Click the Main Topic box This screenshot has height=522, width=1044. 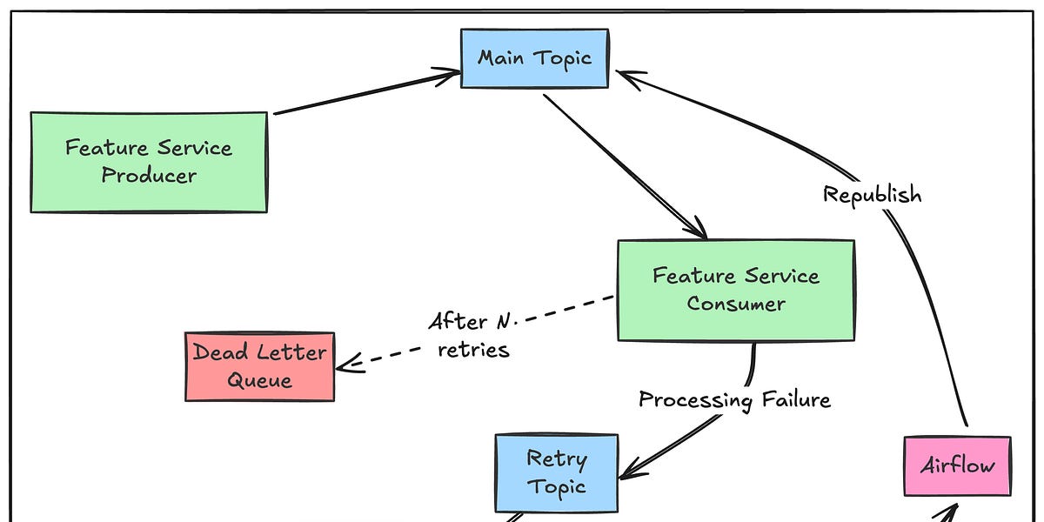pyautogui.click(x=534, y=58)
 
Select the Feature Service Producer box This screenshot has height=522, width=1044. pyautogui.click(x=149, y=162)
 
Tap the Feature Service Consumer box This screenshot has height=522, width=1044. pyautogui.click(x=735, y=290)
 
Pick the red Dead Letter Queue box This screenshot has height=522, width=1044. pyautogui.click(x=259, y=366)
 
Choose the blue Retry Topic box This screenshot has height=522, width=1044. pyautogui.click(x=557, y=473)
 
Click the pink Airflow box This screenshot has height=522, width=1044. pyautogui.click(x=957, y=465)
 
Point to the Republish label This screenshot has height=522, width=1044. pyautogui.click(x=872, y=194)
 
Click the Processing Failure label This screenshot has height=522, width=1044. pyautogui.click(x=734, y=399)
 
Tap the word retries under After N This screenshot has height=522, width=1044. pyautogui.click(x=474, y=351)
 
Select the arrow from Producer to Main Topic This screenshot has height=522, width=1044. pyautogui.click(x=365, y=94)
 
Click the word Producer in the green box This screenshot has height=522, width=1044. pyautogui.click(x=149, y=175)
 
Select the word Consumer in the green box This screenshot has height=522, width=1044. pyautogui.click(x=735, y=304)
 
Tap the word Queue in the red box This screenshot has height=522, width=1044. pyautogui.click(x=259, y=381)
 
